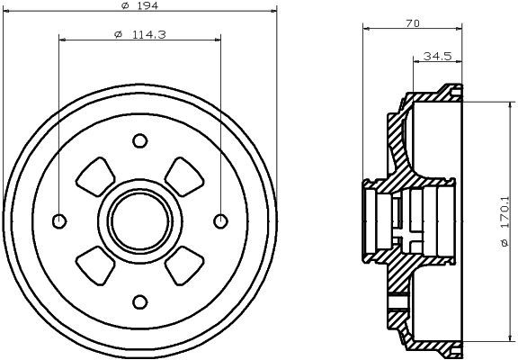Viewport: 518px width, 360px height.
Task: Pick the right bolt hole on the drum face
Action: point(219,220)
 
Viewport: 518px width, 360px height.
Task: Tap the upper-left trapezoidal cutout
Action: point(94,177)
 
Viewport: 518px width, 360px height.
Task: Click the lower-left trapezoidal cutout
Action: point(94,264)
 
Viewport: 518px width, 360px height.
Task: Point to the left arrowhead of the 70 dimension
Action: point(366,31)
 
